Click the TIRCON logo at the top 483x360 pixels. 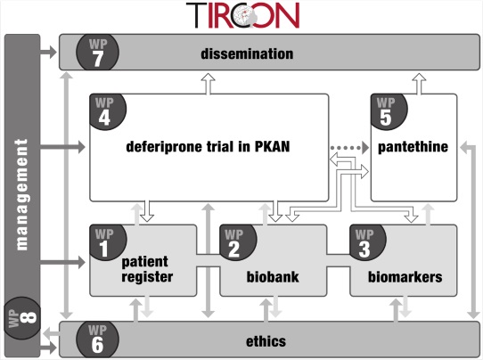click(243, 15)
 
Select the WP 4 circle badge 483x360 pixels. click(107, 110)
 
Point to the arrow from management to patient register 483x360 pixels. click(64, 263)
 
